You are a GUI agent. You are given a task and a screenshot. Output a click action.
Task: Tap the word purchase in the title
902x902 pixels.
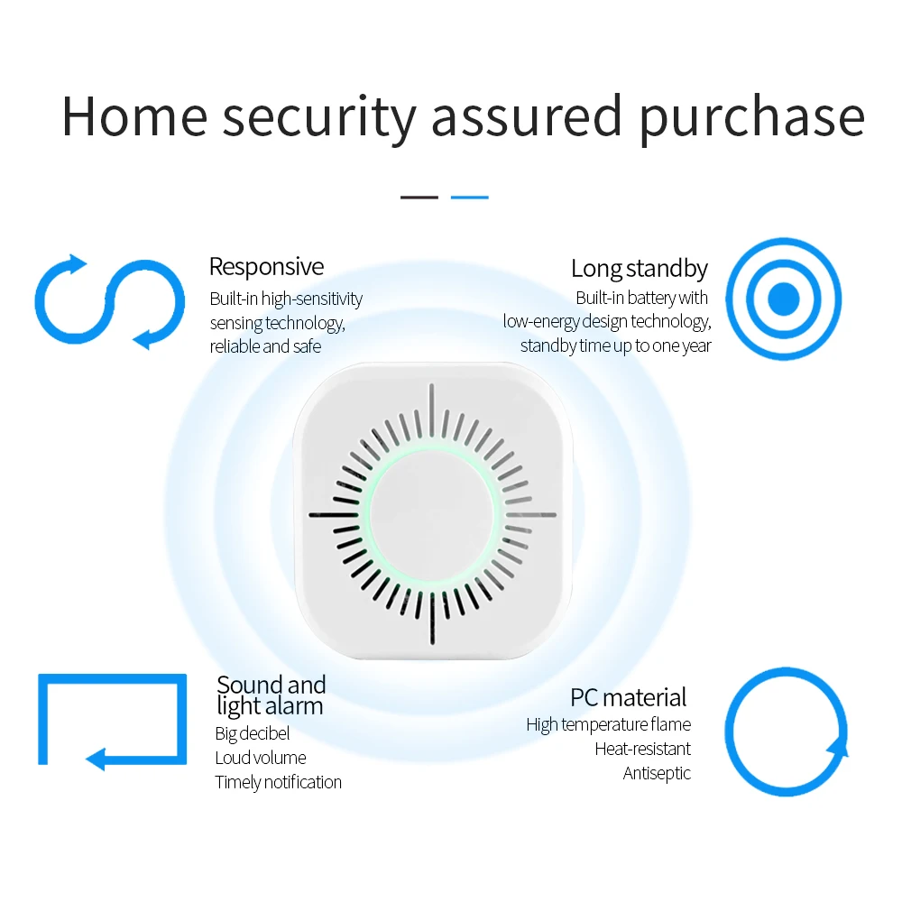tap(750, 117)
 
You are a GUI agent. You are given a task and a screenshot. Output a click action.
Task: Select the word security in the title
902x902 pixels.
tap(319, 117)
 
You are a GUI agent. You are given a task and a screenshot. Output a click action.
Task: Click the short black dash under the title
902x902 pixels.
tap(419, 197)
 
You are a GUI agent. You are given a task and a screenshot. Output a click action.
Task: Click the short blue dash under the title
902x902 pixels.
tap(469, 197)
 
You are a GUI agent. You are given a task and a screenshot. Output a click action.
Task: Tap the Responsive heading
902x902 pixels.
tap(266, 267)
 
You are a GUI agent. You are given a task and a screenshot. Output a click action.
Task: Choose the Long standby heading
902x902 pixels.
tap(640, 268)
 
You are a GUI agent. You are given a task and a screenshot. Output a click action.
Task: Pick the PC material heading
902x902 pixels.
tap(628, 697)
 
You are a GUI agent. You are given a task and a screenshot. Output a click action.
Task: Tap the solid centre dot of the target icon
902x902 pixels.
tap(783, 299)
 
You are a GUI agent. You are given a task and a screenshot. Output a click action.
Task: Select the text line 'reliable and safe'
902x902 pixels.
tap(265, 346)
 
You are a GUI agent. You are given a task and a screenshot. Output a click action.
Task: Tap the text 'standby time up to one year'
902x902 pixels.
tap(615, 345)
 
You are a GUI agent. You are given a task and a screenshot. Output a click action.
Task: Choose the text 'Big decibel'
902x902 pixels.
tap(252, 733)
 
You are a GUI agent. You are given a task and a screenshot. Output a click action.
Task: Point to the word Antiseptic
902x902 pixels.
tap(657, 773)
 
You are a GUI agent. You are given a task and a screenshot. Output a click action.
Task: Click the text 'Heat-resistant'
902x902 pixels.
tap(642, 749)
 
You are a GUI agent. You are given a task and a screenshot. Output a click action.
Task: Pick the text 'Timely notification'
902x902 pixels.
tap(278, 782)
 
